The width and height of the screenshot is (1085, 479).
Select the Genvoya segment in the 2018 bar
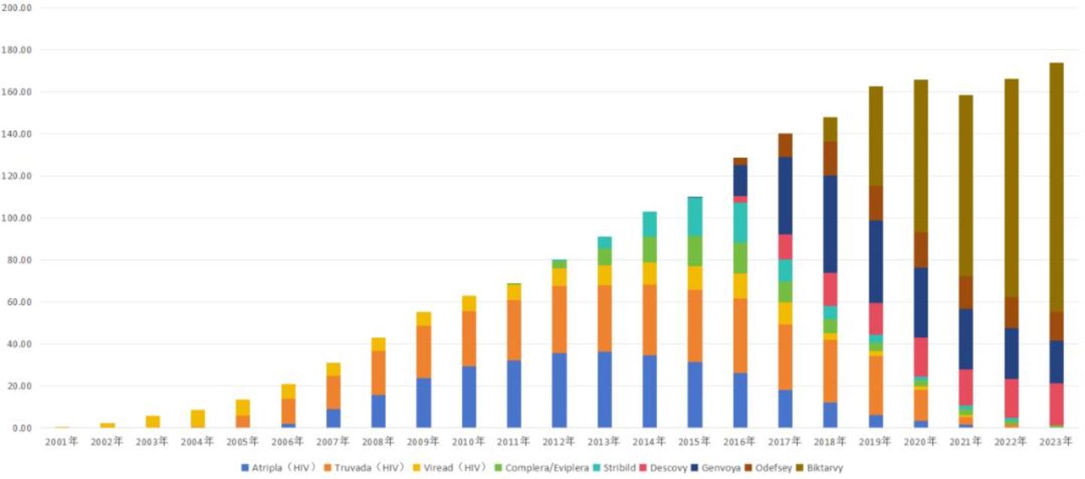(x=830, y=224)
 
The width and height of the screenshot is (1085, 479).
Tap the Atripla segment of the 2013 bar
(x=604, y=389)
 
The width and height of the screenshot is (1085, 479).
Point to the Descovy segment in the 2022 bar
(x=1011, y=398)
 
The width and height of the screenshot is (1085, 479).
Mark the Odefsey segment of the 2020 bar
(x=921, y=249)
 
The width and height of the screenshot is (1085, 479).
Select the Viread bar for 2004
(x=197, y=419)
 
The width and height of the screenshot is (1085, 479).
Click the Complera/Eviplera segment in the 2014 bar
(x=649, y=249)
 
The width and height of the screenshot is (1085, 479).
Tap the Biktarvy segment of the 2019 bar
(x=876, y=136)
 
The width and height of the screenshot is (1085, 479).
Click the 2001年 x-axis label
(x=62, y=442)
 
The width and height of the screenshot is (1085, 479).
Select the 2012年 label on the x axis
(x=559, y=442)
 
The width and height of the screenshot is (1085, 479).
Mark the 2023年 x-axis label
(x=1056, y=442)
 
